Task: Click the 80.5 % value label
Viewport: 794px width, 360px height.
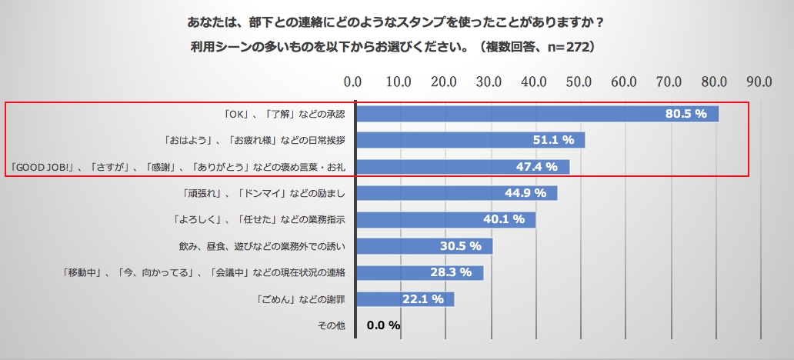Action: coord(686,114)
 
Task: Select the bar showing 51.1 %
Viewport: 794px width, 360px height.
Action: coord(469,140)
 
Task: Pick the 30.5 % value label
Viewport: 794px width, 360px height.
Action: coord(460,246)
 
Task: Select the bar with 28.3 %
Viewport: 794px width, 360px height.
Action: coord(419,272)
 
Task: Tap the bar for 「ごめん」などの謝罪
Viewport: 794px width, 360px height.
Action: coord(405,298)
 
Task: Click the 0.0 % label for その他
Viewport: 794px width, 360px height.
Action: coord(383,325)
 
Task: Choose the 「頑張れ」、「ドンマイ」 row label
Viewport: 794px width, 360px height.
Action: coord(261,192)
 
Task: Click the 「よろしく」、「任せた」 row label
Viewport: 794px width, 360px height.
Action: coord(259,219)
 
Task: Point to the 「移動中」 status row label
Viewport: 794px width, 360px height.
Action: coord(204,272)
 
